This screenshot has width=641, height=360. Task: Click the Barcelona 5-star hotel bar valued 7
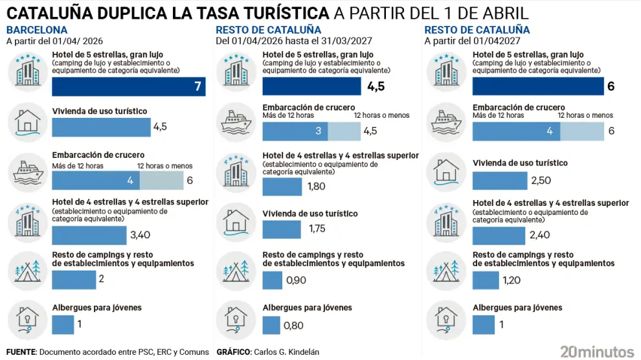click(128, 86)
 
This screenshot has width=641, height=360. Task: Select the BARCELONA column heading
click(36, 30)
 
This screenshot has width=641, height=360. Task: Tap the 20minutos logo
click(597, 352)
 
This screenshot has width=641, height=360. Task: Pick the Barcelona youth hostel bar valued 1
click(63, 324)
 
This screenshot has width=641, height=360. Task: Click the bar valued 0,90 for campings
click(272, 280)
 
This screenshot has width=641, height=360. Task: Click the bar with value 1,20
click(486, 280)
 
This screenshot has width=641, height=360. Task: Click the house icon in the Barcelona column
click(27, 121)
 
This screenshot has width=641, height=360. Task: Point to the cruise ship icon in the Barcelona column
click(27, 172)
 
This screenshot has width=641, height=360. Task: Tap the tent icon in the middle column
click(238, 268)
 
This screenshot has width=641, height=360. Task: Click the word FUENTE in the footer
click(21, 352)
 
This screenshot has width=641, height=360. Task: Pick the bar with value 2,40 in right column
click(500, 235)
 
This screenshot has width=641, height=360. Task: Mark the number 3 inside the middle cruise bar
click(318, 131)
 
